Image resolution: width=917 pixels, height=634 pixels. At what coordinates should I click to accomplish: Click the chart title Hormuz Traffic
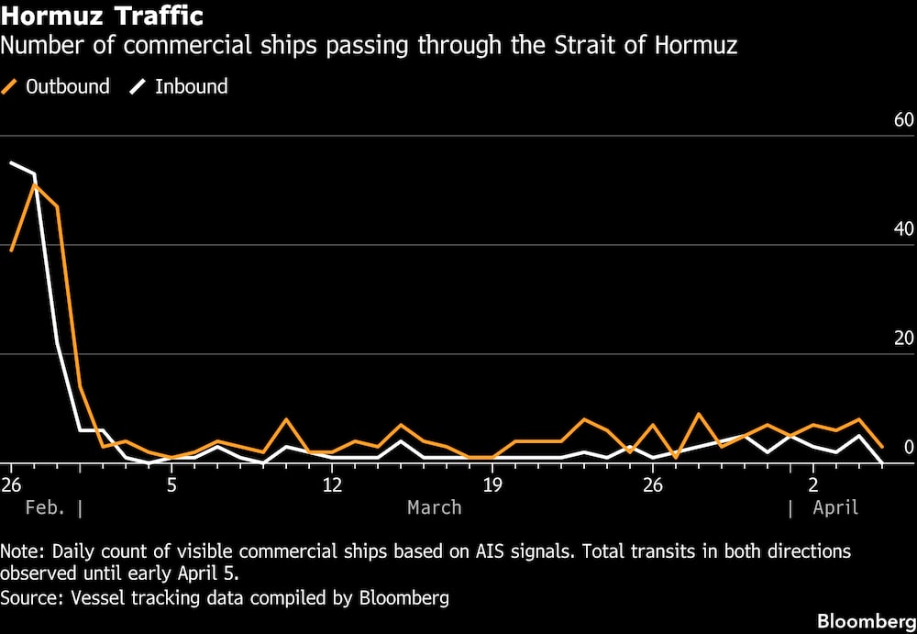click(x=103, y=17)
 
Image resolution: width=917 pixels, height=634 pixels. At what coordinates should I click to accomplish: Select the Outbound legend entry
click(x=67, y=87)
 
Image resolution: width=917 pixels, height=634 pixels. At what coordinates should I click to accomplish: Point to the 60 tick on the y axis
click(x=903, y=120)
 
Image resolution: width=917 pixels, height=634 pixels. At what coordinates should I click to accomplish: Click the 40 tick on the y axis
click(x=903, y=229)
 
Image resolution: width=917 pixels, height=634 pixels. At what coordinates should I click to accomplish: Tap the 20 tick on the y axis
click(x=903, y=339)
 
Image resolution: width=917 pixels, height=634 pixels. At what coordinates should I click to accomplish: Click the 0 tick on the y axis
click(x=909, y=448)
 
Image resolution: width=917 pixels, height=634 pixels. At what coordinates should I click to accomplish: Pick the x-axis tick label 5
click(x=171, y=484)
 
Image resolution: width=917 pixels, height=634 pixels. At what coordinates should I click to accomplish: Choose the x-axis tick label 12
click(x=332, y=484)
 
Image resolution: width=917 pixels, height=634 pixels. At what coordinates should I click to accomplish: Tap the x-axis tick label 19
click(x=492, y=484)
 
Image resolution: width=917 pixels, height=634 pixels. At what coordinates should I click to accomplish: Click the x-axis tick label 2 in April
click(x=813, y=484)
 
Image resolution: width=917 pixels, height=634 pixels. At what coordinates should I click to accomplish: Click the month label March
click(x=435, y=507)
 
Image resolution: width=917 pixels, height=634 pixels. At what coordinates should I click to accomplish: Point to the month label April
click(x=835, y=507)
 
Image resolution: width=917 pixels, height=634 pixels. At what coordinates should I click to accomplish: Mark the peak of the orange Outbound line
click(x=34, y=184)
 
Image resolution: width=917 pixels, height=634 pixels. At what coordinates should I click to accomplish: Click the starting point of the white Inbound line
click(x=11, y=162)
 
